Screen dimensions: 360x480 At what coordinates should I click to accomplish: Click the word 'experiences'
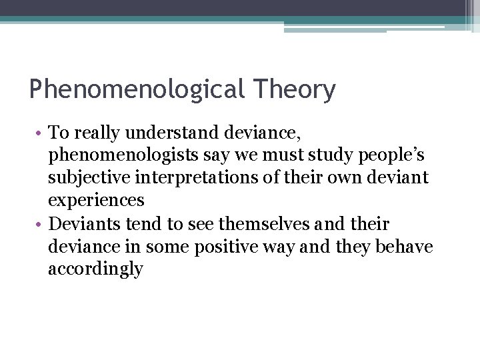point(96,201)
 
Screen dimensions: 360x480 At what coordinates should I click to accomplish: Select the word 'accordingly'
point(95,269)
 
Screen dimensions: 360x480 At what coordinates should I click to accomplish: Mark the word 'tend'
point(154,223)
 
